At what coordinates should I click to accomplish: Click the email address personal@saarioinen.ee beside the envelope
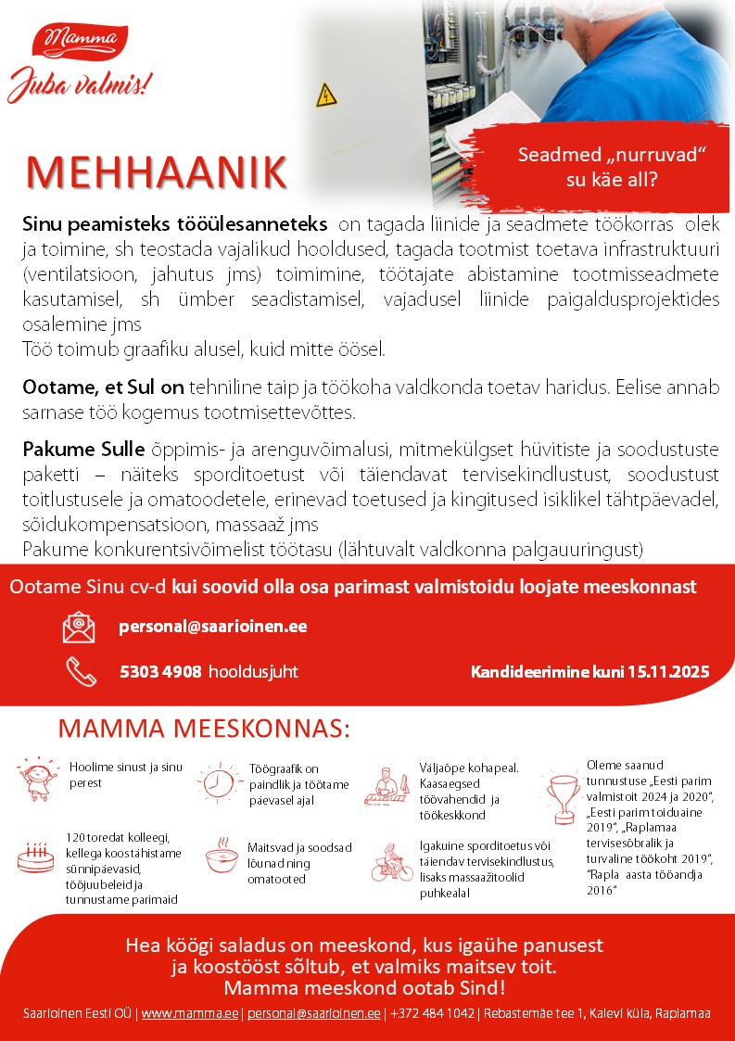click(213, 627)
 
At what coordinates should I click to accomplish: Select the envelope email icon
click(79, 628)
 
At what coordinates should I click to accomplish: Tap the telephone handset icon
click(80, 671)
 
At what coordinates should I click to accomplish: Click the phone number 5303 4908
click(160, 671)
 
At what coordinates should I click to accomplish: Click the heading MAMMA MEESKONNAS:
click(204, 729)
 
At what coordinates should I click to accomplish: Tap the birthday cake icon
click(36, 857)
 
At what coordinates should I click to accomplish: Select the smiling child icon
click(37, 779)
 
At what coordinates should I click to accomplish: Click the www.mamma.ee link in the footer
click(189, 1013)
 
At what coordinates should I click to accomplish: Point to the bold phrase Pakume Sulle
click(83, 451)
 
